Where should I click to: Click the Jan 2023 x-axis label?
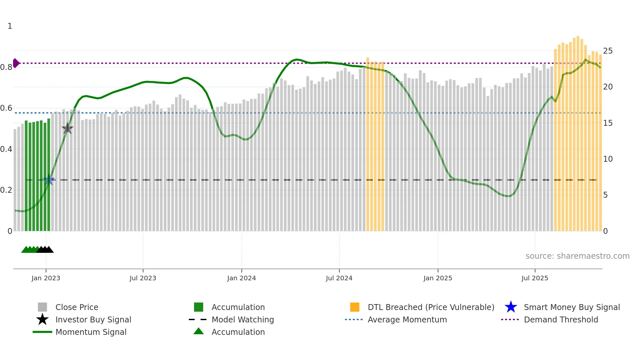click(x=46, y=278)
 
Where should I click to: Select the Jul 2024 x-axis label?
click(x=339, y=278)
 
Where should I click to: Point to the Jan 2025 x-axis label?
click(x=438, y=278)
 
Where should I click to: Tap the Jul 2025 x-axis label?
click(x=535, y=278)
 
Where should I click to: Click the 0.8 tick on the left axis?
click(x=6, y=67)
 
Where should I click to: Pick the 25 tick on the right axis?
click(x=608, y=51)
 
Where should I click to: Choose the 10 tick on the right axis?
click(x=608, y=159)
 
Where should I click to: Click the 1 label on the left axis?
click(x=10, y=26)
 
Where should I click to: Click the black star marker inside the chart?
click(x=67, y=128)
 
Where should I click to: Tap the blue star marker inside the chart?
click(x=49, y=180)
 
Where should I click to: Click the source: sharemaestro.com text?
click(x=577, y=256)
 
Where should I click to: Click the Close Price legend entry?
click(x=77, y=307)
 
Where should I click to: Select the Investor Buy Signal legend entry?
click(x=93, y=319)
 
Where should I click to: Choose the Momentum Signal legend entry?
click(x=91, y=332)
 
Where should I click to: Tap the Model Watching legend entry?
click(x=243, y=319)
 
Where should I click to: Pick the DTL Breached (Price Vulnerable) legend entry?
click(x=431, y=307)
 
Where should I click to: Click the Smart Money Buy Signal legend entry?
click(x=571, y=307)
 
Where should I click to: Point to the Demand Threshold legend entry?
click(x=561, y=319)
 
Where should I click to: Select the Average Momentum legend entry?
click(x=407, y=319)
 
